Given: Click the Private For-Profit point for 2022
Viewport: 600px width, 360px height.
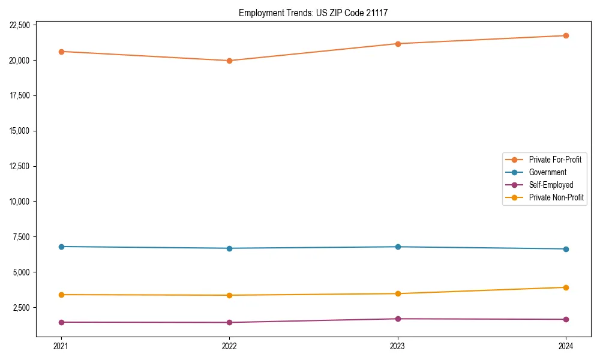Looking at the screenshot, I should pos(229,61).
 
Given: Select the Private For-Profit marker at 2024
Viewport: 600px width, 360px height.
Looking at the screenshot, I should pos(566,35).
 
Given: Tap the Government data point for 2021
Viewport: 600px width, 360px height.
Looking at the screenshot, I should pos(61,247).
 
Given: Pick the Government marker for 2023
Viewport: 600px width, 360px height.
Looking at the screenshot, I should pos(398,247).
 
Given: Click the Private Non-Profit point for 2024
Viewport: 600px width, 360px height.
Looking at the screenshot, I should pos(566,287).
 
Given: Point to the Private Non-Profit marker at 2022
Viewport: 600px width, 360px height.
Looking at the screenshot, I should pos(229,295).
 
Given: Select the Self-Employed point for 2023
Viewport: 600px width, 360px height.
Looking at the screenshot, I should pos(398,319).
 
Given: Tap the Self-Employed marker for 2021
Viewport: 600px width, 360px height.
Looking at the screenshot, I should pos(61,322).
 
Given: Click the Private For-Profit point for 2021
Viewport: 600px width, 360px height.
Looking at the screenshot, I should pos(61,52).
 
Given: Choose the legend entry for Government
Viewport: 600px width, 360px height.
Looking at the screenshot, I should pos(547,172).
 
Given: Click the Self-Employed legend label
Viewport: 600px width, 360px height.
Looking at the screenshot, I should pos(551,185).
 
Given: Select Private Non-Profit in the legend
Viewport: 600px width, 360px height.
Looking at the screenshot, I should pos(556,197).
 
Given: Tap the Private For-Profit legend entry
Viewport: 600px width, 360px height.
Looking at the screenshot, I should pos(554,160).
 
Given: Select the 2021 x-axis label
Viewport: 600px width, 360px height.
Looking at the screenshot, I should pos(61,346).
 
